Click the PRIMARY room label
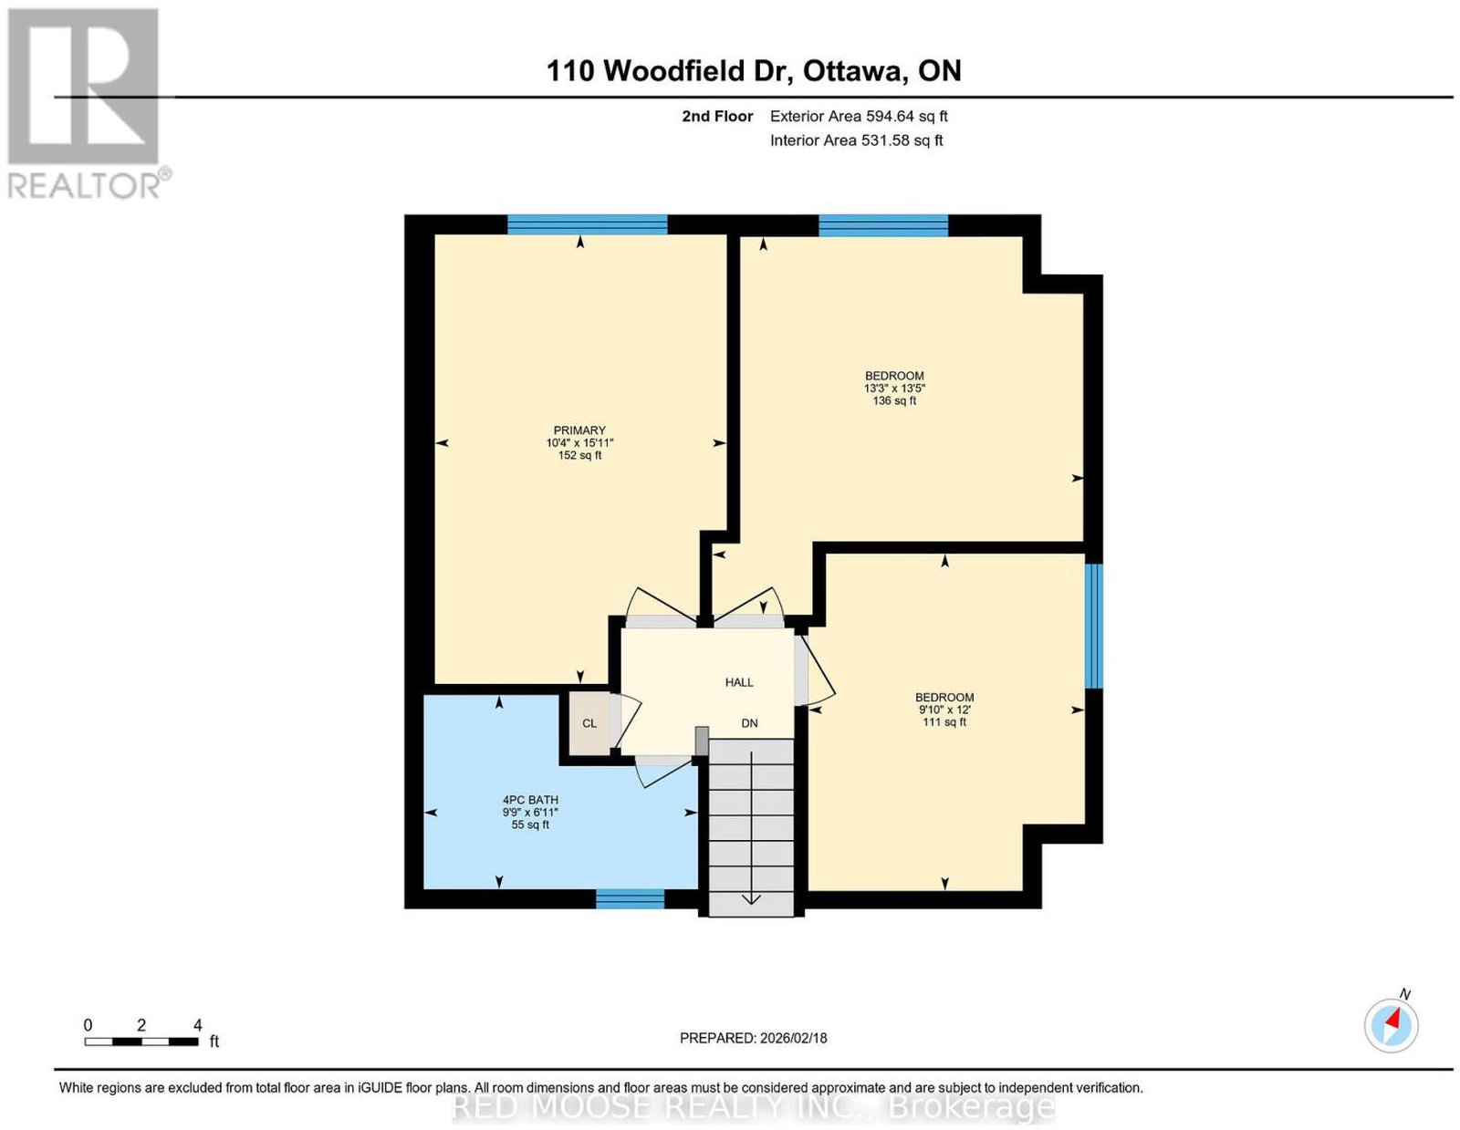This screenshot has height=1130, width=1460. click(579, 430)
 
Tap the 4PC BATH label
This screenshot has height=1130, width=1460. click(530, 800)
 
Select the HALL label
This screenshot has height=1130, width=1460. click(738, 682)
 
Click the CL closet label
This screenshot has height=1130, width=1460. click(589, 723)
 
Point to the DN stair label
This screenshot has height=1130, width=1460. click(749, 723)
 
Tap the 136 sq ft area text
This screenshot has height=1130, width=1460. click(894, 401)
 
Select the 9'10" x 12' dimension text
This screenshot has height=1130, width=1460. click(944, 710)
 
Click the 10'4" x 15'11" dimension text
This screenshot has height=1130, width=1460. click(579, 443)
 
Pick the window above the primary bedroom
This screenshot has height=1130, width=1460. click(588, 224)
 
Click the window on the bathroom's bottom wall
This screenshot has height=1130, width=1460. click(630, 898)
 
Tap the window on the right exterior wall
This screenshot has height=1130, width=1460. click(1094, 626)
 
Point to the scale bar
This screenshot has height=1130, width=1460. click(141, 1042)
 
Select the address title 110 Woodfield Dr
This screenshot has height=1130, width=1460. click(670, 70)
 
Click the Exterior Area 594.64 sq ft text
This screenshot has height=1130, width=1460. click(859, 116)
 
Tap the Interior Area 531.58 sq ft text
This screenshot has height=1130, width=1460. click(857, 140)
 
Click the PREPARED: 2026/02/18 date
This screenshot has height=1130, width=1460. click(753, 1037)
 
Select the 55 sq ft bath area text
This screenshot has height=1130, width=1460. click(530, 824)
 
